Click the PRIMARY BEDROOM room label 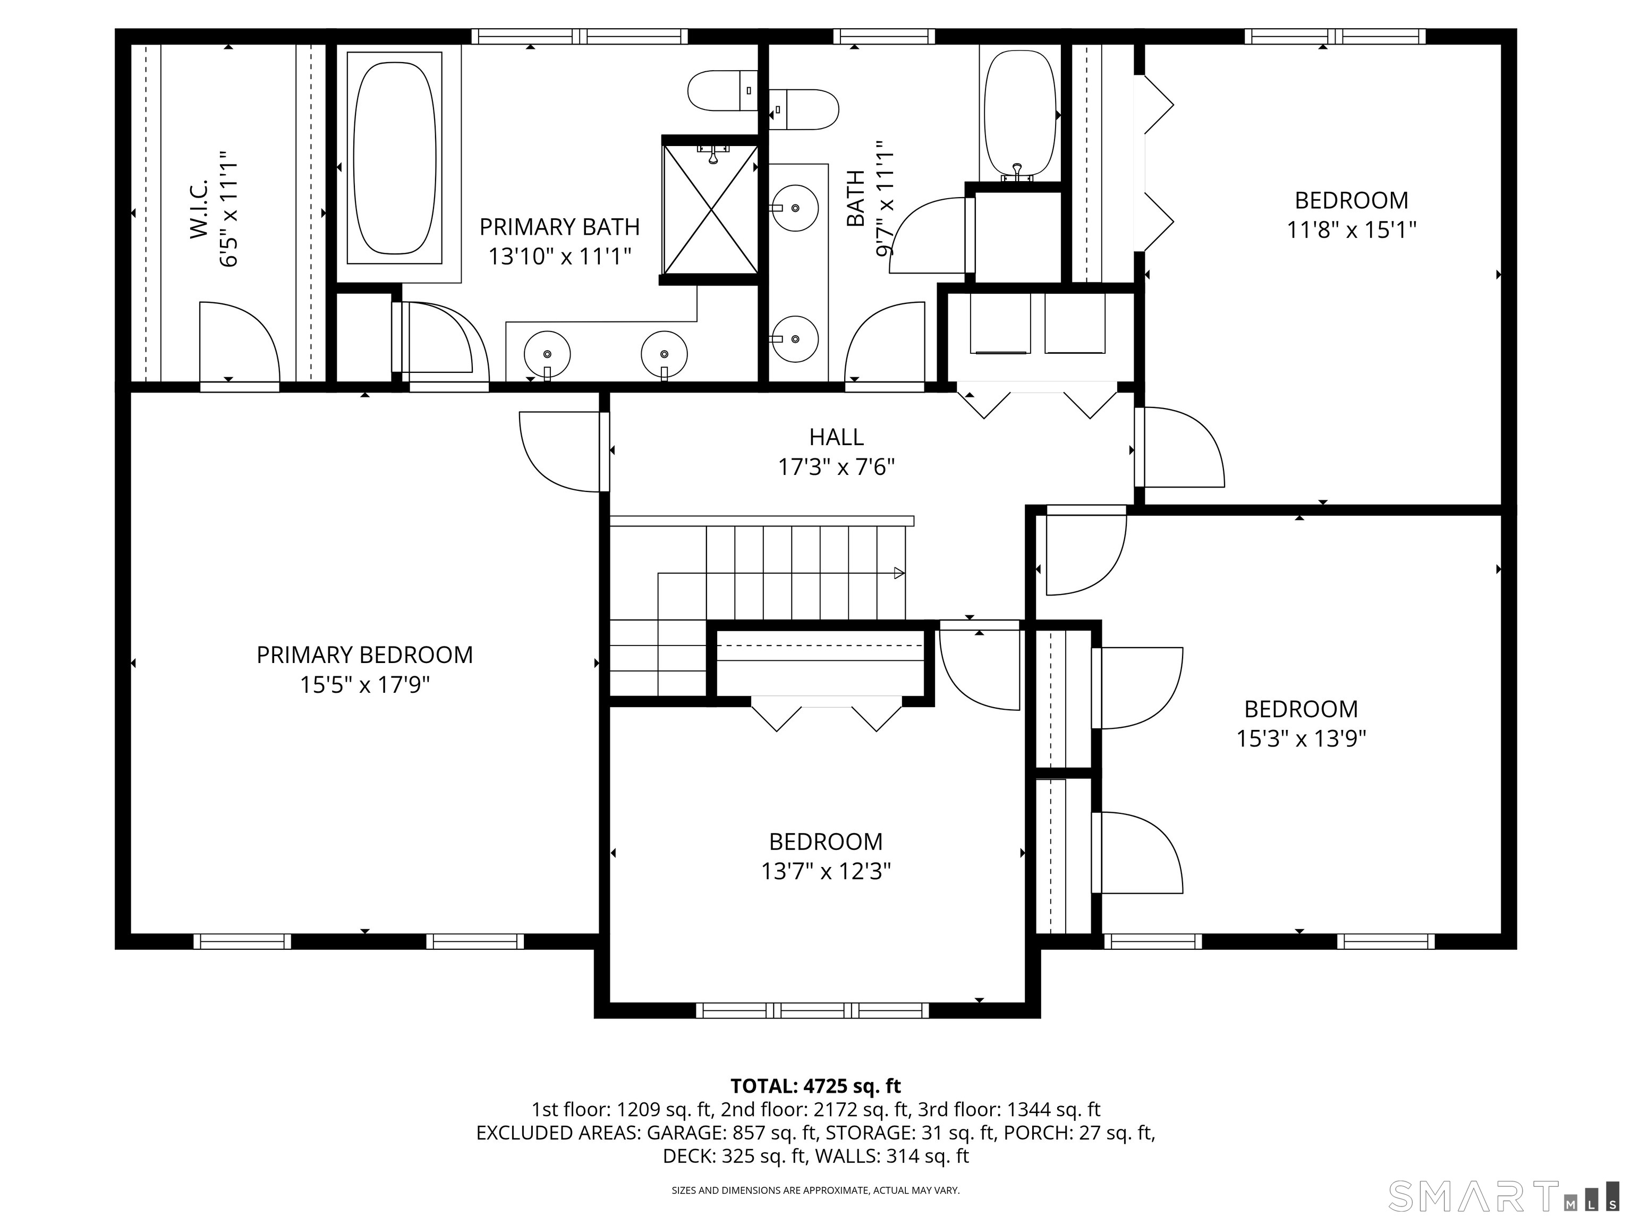pos(364,655)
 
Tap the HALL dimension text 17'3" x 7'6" pos(836,467)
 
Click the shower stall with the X pos(710,209)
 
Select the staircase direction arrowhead pos(899,573)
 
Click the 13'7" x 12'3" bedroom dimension pos(826,871)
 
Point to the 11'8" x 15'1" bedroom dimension pos(1351,230)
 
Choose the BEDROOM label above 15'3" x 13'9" pos(1300,709)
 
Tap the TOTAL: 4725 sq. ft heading pos(815,1086)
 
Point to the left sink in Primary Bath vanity pos(547,354)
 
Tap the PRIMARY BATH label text pos(559,226)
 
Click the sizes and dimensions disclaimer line pos(815,1190)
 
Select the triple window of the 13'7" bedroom pos(812,1010)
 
